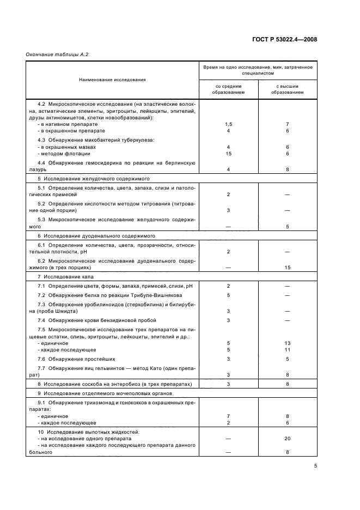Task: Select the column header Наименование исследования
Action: pos(112,80)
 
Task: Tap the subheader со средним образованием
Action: pos(228,89)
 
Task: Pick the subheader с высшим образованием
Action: pos(288,89)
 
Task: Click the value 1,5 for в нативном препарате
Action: pos(228,124)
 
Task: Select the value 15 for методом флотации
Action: pos(228,154)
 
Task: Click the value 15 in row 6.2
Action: pos(288,268)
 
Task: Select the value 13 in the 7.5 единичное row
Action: pos(288,343)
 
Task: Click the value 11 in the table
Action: pos(288,350)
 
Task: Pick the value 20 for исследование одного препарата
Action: pos(288,438)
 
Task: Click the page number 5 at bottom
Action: pos(315,466)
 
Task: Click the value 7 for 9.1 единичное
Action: pos(228,416)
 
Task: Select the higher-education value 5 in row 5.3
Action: pos(288,226)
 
